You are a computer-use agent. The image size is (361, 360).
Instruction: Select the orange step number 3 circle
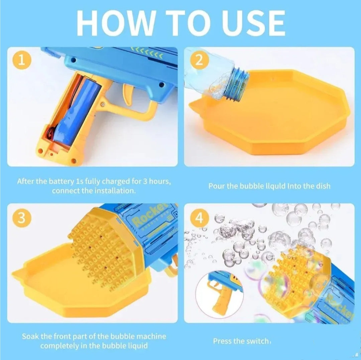pos(21,218)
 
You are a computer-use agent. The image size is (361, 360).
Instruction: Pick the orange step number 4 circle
pos(199,218)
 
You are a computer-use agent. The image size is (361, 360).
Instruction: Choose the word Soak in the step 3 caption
pos(30,336)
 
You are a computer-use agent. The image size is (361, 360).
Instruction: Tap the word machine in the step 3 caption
pos(151,336)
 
